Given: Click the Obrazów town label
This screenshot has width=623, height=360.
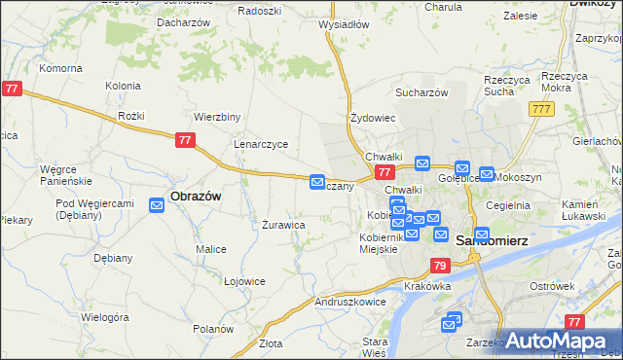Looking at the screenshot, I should tap(196, 196).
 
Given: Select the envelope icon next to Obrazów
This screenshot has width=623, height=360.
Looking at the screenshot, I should tap(157, 204).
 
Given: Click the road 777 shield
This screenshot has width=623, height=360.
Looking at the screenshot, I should tap(542, 109).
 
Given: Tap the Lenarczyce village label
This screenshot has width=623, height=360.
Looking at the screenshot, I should tap(260, 144).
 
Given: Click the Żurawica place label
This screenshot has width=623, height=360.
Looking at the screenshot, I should tap(284, 225).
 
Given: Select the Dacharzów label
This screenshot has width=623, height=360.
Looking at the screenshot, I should tap(186, 21).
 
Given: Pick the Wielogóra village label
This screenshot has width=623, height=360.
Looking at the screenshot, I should tap(105, 317).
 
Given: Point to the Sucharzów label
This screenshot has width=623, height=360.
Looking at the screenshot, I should tap(421, 92).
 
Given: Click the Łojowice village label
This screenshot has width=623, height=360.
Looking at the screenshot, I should tap(244, 281).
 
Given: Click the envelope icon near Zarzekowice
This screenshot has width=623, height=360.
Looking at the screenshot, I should tap(452, 321).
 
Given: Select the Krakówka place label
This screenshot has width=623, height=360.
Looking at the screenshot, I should tap(429, 286).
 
